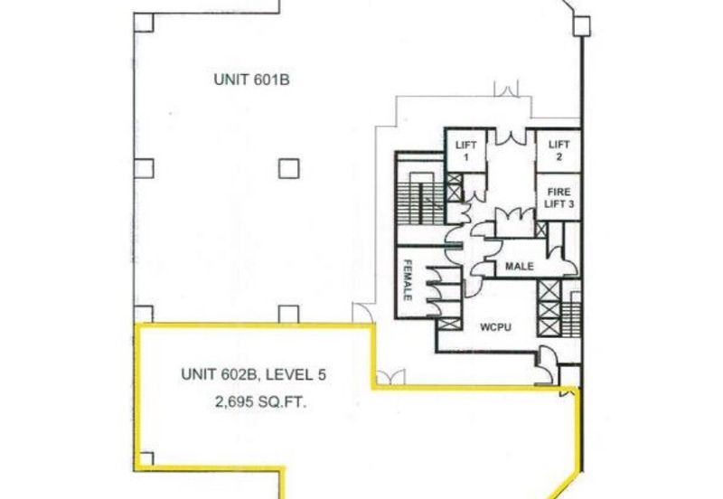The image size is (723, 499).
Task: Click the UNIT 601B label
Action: (252, 80)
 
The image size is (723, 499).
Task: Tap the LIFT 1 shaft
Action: (465, 151)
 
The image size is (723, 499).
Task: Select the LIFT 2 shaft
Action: (559, 151)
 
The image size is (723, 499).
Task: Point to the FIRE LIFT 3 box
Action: (559, 197)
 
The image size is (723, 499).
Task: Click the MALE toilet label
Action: (519, 266)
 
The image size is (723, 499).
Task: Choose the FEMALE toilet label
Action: (408, 280)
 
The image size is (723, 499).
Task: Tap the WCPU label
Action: (495, 327)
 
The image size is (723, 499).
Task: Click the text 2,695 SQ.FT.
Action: (261, 402)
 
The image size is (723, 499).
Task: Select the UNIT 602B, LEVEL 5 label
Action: (254, 374)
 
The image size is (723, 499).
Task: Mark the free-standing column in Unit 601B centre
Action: (289, 169)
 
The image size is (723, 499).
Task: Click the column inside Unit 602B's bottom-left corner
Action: (146, 459)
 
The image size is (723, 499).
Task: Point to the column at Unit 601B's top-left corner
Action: (144, 22)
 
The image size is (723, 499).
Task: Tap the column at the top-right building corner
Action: (582, 26)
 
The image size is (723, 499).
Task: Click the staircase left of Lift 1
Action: (420, 198)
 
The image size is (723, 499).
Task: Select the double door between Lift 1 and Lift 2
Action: (511, 137)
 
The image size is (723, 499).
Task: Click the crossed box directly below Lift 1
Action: (455, 188)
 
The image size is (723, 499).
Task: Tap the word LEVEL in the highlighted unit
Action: (288, 374)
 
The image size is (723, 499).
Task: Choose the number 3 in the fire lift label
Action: (570, 203)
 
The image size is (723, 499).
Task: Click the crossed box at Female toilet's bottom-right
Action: (449, 325)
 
